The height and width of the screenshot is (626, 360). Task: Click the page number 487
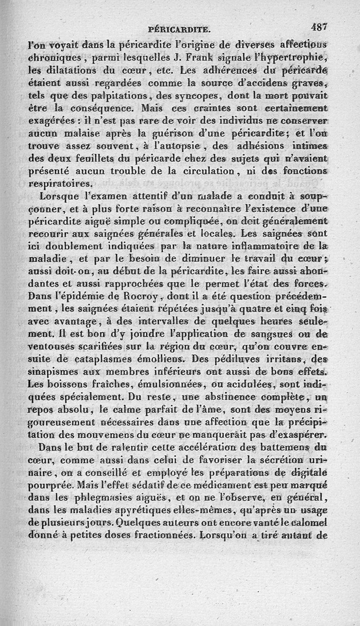click(x=320, y=27)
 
